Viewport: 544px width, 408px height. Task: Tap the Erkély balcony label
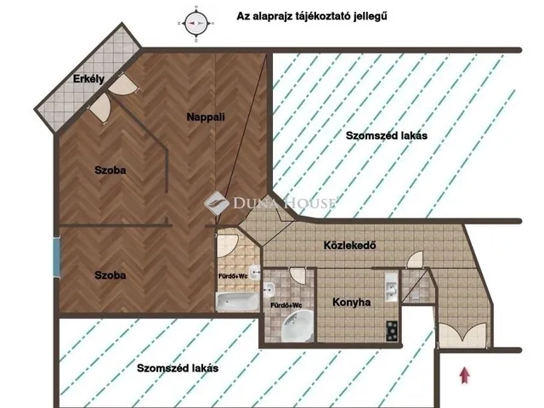click(88, 81)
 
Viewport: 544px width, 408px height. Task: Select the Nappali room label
click(206, 118)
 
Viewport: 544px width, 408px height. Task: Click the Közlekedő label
click(350, 246)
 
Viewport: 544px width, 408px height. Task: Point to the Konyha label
click(351, 302)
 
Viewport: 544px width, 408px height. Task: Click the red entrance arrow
click(463, 374)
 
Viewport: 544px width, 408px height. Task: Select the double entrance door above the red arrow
click(463, 337)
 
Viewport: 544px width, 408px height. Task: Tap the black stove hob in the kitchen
click(392, 328)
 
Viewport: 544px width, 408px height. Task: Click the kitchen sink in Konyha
click(388, 286)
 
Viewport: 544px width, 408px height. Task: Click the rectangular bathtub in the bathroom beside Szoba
click(234, 301)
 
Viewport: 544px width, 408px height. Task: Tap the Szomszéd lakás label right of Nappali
click(386, 136)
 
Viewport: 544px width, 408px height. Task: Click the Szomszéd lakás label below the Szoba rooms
click(178, 368)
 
